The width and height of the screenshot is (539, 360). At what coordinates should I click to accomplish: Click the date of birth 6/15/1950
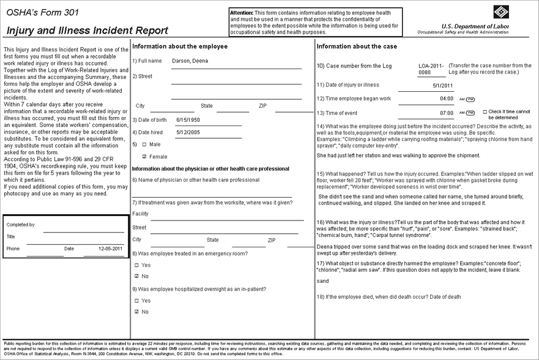pyautogui.click(x=188, y=119)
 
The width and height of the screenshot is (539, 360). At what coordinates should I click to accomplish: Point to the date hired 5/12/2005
pyautogui.click(x=188, y=132)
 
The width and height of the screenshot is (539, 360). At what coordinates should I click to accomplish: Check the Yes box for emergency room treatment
pyautogui.click(x=136, y=265)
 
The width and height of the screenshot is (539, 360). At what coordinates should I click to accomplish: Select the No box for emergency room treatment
pyautogui.click(x=136, y=276)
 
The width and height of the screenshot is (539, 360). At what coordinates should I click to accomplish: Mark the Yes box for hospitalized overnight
pyautogui.click(x=136, y=301)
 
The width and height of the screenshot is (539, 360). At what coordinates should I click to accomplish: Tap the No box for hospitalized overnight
pyautogui.click(x=136, y=312)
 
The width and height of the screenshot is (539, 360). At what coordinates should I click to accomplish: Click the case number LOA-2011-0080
pyautogui.click(x=431, y=69)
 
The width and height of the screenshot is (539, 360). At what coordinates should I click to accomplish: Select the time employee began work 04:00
pyautogui.click(x=447, y=99)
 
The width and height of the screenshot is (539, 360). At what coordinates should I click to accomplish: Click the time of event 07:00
pyautogui.click(x=447, y=113)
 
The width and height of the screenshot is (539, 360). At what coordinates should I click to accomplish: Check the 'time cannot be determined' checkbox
pyautogui.click(x=485, y=111)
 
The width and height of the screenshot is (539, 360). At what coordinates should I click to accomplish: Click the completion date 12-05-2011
pyautogui.click(x=110, y=249)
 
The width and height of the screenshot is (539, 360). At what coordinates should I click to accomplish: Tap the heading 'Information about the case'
pyautogui.click(x=357, y=47)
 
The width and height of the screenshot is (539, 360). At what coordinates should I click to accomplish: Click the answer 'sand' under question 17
pyautogui.click(x=323, y=280)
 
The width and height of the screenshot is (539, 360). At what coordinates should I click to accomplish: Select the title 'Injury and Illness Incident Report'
pyautogui.click(x=87, y=30)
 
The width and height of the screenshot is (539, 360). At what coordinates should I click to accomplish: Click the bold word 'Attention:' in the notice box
pyautogui.click(x=242, y=13)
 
